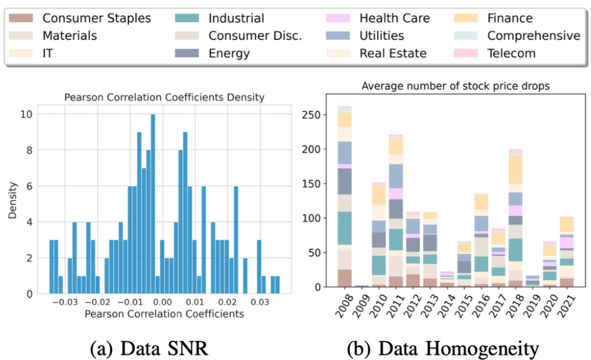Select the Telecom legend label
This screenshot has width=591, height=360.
tap(511, 54)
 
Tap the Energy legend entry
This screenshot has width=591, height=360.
tap(229, 54)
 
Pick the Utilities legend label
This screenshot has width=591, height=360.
tap(382, 36)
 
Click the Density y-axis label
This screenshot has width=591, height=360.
tap(12, 199)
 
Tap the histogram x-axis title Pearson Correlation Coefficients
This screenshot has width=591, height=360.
tap(164, 314)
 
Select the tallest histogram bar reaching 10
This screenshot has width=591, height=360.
tap(153, 204)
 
